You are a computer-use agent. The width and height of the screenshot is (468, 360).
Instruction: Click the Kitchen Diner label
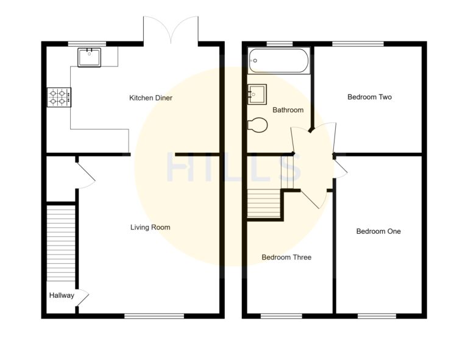pos(151,98)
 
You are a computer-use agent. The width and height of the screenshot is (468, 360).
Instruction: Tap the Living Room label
pos(150,227)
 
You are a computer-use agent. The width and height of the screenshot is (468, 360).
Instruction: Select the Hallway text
pos(62,296)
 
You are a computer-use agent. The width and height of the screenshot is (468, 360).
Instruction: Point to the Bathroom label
pos(288,110)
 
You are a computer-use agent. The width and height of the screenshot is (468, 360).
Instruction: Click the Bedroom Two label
pos(369,97)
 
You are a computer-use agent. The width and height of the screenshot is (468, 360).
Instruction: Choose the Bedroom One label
pos(378,231)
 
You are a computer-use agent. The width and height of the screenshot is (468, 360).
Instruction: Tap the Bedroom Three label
pos(286,257)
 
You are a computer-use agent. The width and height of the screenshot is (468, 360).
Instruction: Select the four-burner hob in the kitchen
pos(59,97)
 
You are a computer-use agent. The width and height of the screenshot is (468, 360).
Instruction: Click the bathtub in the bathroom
pos(279,61)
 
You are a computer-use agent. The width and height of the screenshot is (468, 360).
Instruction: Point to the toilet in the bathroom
pos(258,124)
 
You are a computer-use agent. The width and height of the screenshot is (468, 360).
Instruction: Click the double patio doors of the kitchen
pos(171,30)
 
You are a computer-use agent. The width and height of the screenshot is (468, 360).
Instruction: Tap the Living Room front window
pos(154,316)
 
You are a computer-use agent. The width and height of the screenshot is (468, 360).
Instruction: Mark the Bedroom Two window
pos(358,44)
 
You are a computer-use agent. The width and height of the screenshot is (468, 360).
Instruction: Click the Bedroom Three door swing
pos(314,198)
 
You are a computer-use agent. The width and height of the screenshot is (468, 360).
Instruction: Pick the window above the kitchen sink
pos(86,44)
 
